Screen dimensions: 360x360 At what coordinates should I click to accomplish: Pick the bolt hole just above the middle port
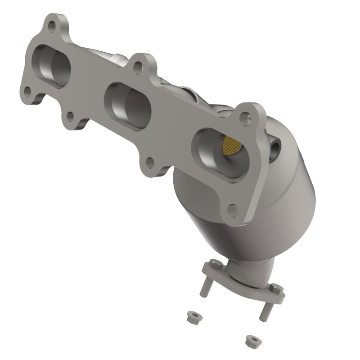138,67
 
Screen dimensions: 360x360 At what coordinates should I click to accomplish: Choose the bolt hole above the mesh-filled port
245,118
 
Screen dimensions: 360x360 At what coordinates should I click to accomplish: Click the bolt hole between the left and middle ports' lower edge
70,117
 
